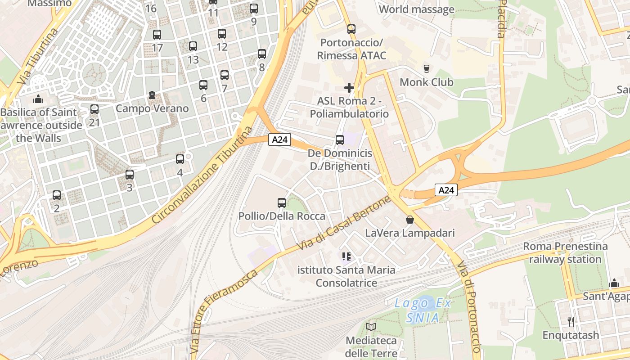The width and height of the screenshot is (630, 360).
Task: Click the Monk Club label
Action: pyautogui.click(x=426, y=82)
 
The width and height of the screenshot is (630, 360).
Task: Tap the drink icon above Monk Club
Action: pyautogui.click(x=426, y=69)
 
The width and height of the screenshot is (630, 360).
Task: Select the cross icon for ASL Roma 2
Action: pyautogui.click(x=349, y=87)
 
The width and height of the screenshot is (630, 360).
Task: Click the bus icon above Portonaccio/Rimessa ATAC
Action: pyautogui.click(x=351, y=29)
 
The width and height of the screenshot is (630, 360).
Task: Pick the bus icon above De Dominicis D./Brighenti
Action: pyautogui.click(x=340, y=140)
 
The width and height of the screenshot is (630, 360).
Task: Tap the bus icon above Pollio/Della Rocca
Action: pyautogui.click(x=282, y=203)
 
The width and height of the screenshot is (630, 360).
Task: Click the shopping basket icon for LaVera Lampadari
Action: pyautogui.click(x=410, y=220)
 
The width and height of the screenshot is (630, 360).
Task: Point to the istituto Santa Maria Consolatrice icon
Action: pyautogui.click(x=346, y=256)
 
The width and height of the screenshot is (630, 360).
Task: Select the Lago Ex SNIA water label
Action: pyautogui.click(x=423, y=310)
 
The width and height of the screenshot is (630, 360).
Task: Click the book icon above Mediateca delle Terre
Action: pyautogui.click(x=371, y=327)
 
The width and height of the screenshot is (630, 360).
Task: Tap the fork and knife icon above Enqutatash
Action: pyautogui.click(x=571, y=322)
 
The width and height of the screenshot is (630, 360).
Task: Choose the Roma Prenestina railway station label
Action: pyautogui.click(x=565, y=253)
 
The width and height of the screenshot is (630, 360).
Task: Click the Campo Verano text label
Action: pyautogui.click(x=152, y=108)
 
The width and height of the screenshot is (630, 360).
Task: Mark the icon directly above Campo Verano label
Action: pyautogui.click(x=152, y=95)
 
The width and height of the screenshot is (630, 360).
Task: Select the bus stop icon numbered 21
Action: pyautogui.click(x=94, y=109)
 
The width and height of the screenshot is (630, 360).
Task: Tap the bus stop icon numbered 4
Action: pyautogui.click(x=180, y=159)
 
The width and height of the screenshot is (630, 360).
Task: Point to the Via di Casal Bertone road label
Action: pyautogui.click(x=344, y=223)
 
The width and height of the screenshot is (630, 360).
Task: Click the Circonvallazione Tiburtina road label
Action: pyautogui.click(x=202, y=175)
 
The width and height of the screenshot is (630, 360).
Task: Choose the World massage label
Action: pyautogui.click(x=417, y=9)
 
